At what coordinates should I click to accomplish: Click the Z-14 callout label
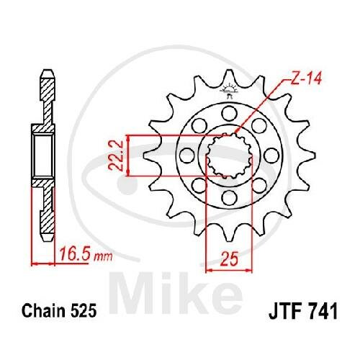point(305,78)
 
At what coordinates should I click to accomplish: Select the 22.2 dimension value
point(115,156)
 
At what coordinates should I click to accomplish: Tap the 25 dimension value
point(230,259)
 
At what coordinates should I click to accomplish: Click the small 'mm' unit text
point(103,257)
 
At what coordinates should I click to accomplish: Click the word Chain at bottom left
point(43,311)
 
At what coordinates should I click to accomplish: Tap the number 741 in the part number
point(325,311)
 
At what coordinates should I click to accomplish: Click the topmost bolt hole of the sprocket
point(229,113)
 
